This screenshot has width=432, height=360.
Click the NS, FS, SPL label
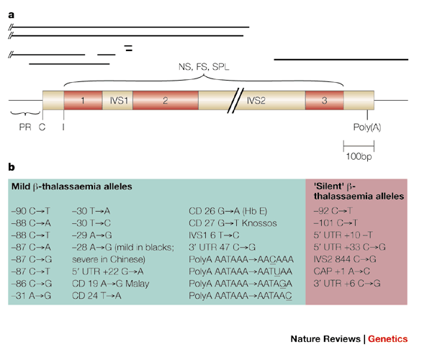coord(204,67)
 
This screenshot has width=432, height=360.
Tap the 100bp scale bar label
coord(358,158)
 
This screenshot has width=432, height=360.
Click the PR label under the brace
coord(25,127)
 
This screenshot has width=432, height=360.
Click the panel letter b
coord(12,168)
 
